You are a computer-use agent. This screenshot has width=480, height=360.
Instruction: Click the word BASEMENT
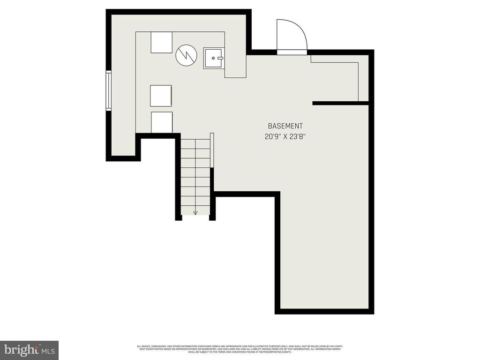285,126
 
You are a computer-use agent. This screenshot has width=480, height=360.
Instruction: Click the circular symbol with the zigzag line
186,55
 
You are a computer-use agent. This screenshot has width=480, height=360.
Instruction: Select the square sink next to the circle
214,58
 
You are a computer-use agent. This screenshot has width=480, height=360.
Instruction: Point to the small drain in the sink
214,58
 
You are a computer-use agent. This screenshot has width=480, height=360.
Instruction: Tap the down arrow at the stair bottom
195,212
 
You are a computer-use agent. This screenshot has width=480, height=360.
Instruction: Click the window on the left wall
108,91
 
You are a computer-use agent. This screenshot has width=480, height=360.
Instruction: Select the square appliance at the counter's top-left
162,42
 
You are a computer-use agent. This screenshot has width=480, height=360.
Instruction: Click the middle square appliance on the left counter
161,96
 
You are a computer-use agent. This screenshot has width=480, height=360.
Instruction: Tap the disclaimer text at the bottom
240,349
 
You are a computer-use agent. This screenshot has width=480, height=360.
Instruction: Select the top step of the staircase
195,144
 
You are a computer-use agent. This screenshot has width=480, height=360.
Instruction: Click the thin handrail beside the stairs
212,150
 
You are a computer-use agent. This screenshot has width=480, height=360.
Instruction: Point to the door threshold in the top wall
292,52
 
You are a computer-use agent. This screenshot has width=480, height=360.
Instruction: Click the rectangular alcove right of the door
335,78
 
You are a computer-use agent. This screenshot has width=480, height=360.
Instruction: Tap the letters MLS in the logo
48,351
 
